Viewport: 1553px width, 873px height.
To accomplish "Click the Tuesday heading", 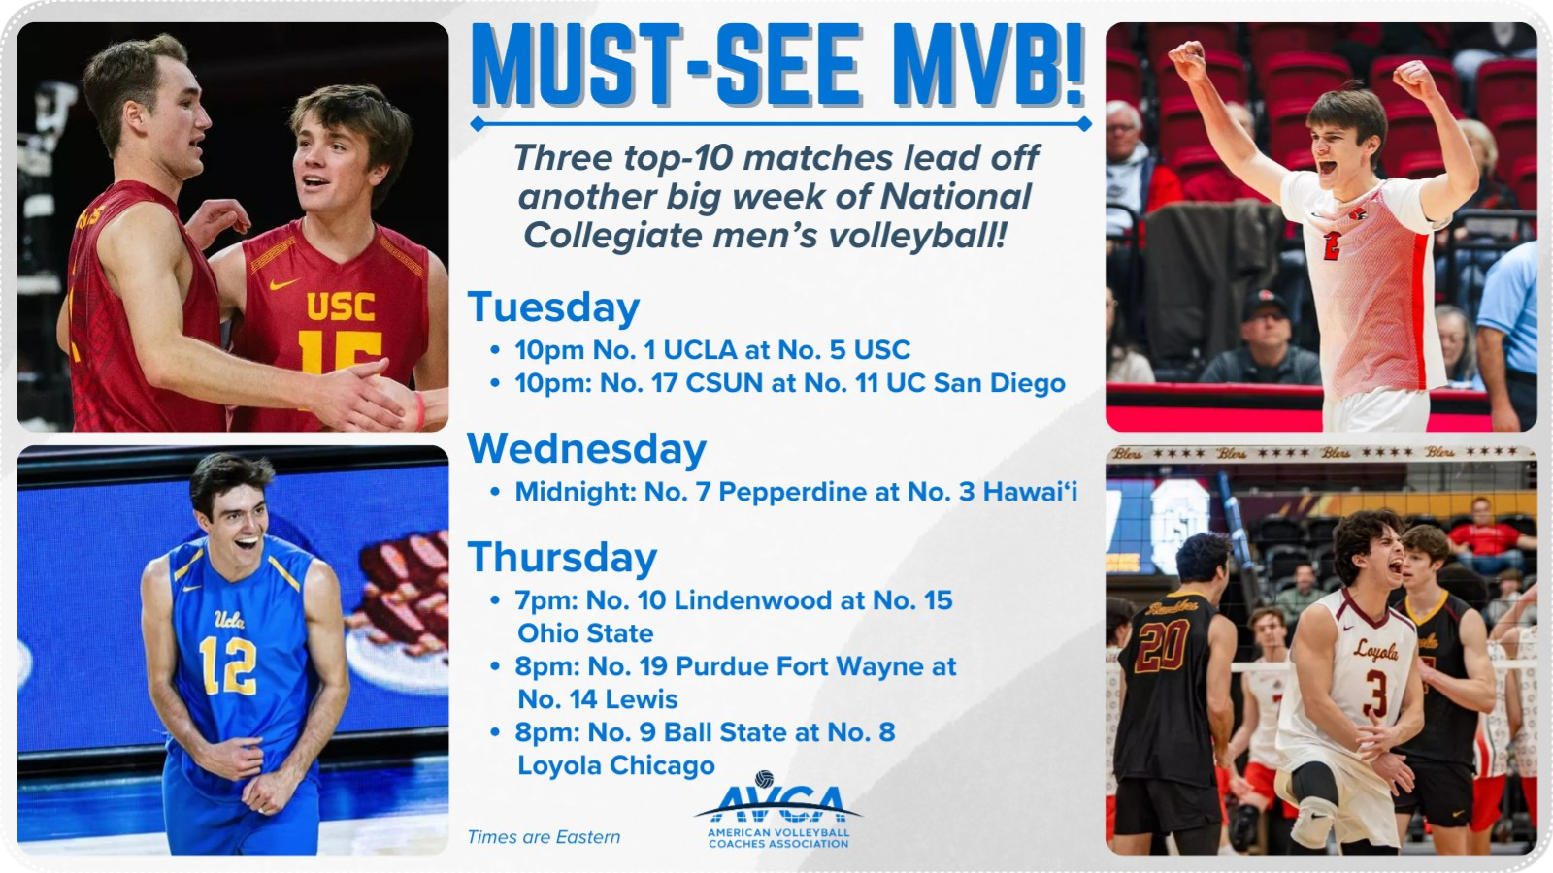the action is [x=553, y=308].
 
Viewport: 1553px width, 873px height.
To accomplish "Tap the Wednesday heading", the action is [x=586, y=449].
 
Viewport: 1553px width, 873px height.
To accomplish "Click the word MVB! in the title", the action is [x=988, y=66].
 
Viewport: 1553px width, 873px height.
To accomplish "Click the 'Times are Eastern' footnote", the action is [x=544, y=837].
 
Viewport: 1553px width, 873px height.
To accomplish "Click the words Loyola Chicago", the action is [x=616, y=765].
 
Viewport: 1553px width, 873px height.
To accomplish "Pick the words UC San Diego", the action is [x=975, y=383].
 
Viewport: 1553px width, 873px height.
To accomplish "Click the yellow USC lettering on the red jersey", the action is [x=341, y=307].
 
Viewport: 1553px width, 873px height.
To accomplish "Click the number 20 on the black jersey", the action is [x=1162, y=646].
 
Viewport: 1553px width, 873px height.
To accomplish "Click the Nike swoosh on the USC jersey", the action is [x=284, y=283].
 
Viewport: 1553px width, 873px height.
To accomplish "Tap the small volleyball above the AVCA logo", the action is [x=764, y=779].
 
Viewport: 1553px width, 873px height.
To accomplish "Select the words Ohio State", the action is [x=586, y=633].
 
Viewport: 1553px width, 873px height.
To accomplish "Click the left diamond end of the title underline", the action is [x=477, y=124].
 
